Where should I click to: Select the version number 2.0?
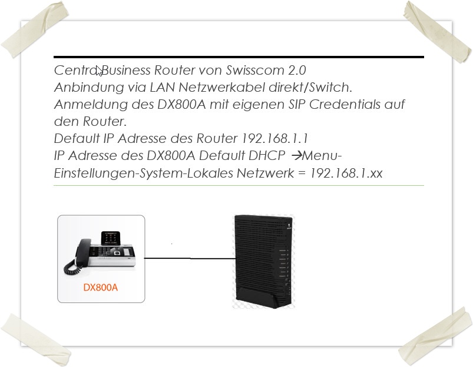pos(297,70)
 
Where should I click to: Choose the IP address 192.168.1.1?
pos(274,139)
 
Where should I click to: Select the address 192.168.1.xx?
pos(346,174)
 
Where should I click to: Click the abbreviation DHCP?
pos(267,156)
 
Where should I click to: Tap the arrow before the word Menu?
pos(297,156)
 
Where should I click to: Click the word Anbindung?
pos(89,88)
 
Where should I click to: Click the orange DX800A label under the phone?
pos(101,288)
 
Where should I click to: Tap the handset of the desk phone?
pos(83,252)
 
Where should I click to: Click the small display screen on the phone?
pos(110,238)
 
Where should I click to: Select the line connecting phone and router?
pos(190,258)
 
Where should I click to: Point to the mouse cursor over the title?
pos(99,71)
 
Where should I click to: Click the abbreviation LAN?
pos(163,88)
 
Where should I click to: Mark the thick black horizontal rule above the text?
pos(239,56)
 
